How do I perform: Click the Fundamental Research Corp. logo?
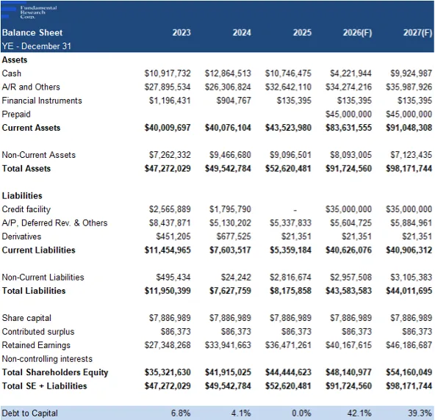point(29,12)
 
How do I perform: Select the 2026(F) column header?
point(357,33)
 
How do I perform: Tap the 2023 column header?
point(181,33)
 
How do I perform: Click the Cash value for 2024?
point(228,73)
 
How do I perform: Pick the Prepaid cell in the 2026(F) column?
point(348,114)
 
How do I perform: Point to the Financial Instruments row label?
point(42,101)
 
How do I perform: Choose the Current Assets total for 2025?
point(288,128)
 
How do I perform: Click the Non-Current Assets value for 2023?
point(170,155)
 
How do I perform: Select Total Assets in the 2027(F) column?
point(409,168)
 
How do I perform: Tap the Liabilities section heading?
point(22,195)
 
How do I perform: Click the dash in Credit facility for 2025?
point(295,210)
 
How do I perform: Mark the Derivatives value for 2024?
point(234,236)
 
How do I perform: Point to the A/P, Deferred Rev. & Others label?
point(54,222)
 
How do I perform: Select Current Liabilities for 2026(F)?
point(348,250)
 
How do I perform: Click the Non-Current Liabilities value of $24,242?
point(236,277)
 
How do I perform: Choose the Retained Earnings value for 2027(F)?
point(409,345)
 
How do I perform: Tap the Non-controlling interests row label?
point(47,358)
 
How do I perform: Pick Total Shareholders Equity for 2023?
point(168,372)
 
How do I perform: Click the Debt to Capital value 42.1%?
point(359,413)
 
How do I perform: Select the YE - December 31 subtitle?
point(36,46)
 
